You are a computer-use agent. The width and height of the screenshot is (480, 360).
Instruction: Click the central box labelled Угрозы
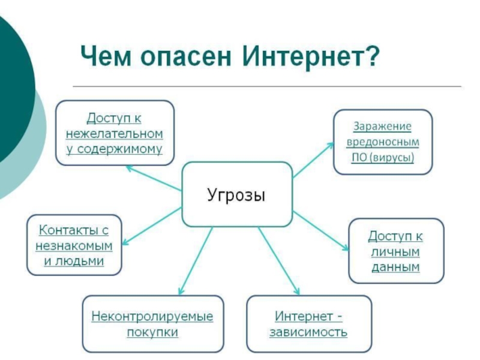[x=236, y=195]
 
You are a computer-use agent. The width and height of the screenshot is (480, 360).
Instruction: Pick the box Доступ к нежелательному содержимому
[x=115, y=133]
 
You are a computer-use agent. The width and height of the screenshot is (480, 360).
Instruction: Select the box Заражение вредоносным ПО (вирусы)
[x=382, y=142]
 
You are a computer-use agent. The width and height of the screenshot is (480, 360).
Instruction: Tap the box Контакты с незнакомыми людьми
[x=74, y=245]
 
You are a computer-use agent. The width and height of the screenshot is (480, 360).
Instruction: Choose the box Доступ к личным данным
[x=396, y=251]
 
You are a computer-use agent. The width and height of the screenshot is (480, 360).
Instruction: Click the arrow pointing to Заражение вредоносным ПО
[x=312, y=160]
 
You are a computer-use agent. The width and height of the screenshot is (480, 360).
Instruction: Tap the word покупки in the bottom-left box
[x=152, y=332]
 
